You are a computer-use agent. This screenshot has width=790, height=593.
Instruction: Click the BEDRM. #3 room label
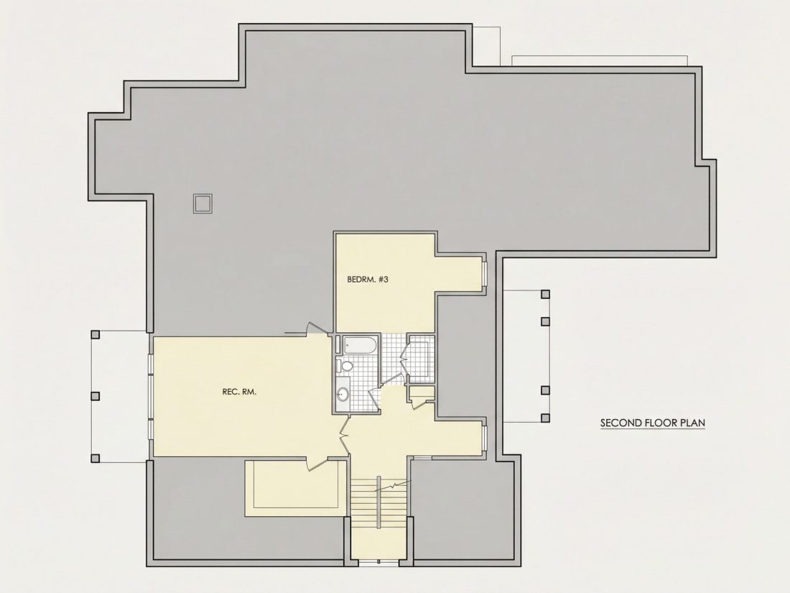[368, 279]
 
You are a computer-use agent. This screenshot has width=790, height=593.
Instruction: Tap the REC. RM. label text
[239, 391]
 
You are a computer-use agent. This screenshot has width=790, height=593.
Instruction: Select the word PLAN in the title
[693, 423]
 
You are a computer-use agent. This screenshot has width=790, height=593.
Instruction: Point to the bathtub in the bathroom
[360, 346]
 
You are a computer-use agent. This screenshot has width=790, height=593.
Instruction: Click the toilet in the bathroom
[345, 365]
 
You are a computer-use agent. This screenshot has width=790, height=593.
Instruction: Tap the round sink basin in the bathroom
[343, 394]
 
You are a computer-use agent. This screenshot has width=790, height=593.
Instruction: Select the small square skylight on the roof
[203, 203]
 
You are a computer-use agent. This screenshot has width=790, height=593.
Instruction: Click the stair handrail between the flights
[377, 502]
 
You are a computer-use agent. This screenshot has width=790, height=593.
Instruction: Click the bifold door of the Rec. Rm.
[344, 434]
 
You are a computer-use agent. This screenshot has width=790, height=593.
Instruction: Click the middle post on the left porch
[96, 396]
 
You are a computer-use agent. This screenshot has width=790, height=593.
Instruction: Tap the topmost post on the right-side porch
[544, 294]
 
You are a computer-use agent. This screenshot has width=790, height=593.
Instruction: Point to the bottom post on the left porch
[96, 459]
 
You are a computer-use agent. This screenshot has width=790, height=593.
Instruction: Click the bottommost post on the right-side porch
[544, 418]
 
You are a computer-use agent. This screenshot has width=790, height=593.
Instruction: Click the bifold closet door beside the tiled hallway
[403, 358]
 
